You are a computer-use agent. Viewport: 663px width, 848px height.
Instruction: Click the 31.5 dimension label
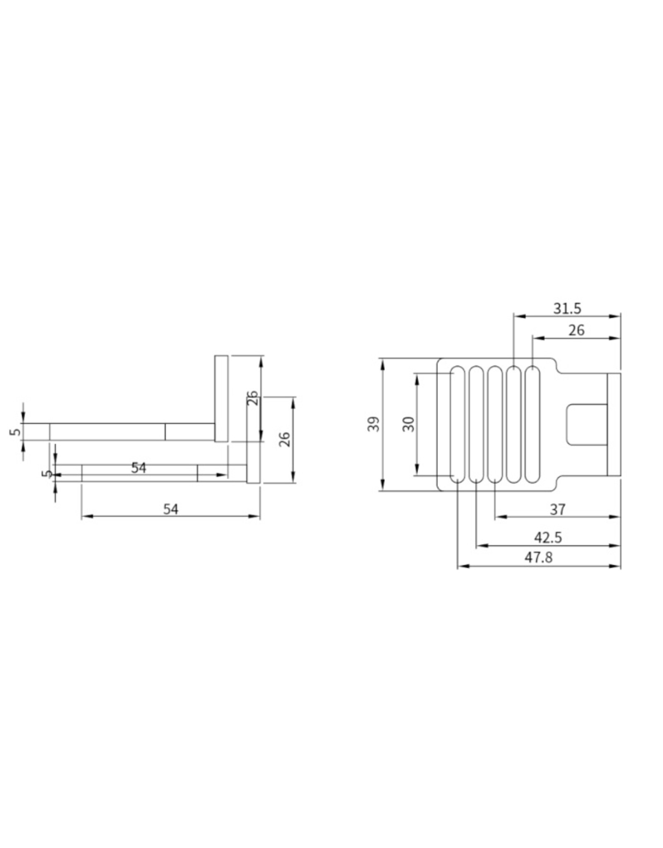point(567,308)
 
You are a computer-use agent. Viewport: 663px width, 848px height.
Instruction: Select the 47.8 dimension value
point(538,557)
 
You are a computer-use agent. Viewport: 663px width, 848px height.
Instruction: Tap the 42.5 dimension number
point(548,537)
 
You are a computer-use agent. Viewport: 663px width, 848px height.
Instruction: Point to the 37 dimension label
point(557,509)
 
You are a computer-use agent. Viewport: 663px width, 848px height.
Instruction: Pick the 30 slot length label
point(409,424)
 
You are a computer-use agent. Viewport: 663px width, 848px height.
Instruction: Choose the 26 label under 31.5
point(576,330)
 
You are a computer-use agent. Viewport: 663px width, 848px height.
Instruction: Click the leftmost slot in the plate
point(457,424)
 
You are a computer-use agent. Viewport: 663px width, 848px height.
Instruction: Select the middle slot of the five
point(495,424)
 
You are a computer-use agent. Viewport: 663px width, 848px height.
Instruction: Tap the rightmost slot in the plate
point(532,424)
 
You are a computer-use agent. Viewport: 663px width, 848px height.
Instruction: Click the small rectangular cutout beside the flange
point(586,424)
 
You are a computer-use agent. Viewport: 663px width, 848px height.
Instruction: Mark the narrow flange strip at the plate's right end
point(614,424)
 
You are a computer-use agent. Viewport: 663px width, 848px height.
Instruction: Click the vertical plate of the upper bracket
point(221,398)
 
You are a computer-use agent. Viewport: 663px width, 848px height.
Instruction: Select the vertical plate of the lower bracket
point(253,443)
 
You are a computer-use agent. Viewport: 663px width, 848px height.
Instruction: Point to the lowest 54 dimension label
point(170,509)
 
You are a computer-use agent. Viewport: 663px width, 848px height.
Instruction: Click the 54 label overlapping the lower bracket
point(138,468)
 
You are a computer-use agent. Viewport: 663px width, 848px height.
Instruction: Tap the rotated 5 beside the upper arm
point(15,431)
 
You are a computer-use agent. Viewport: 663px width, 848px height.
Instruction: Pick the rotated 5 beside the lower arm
point(47,473)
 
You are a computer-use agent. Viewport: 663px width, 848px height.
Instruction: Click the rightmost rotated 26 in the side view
point(285,439)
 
